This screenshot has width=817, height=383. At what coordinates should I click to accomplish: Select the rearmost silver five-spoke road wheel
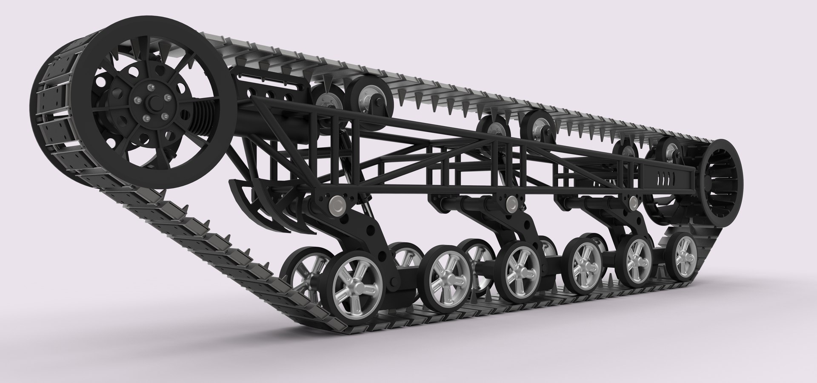point(686,250)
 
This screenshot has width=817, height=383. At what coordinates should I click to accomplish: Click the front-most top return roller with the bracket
point(368,97)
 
